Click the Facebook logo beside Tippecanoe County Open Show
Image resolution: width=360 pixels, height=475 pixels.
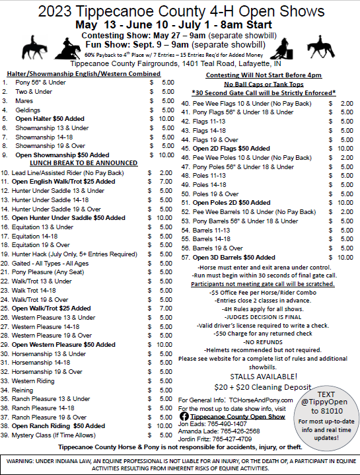pos(184,416)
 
